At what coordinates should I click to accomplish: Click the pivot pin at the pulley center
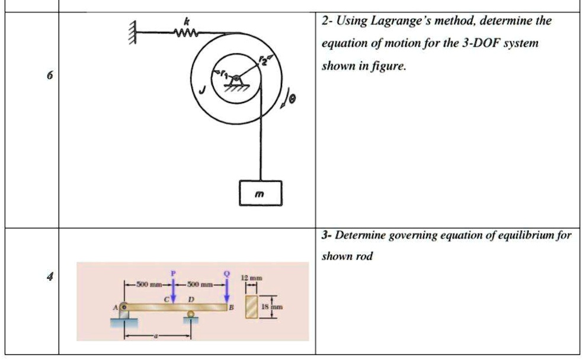(x=236, y=79)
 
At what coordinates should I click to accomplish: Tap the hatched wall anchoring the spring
(x=133, y=33)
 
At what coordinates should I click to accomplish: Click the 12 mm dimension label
(x=252, y=277)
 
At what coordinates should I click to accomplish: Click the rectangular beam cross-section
(x=252, y=307)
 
